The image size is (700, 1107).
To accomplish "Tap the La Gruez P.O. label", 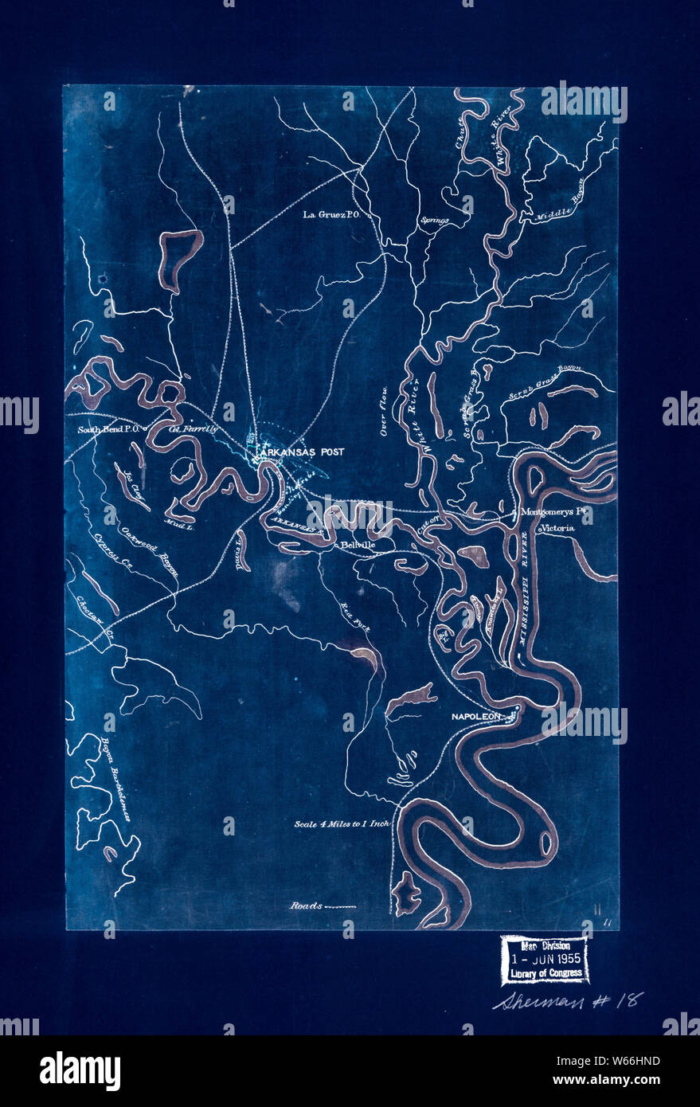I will click(x=332, y=214).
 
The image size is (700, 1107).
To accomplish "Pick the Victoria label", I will click(x=557, y=528).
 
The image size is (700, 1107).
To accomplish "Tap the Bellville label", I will click(x=358, y=546).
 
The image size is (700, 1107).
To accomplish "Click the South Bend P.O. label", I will click(x=109, y=430).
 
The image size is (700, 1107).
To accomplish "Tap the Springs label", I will click(x=435, y=221).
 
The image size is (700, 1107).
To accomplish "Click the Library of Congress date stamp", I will click(x=545, y=960).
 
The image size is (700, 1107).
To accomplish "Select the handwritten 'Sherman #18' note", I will click(x=566, y=1001).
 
